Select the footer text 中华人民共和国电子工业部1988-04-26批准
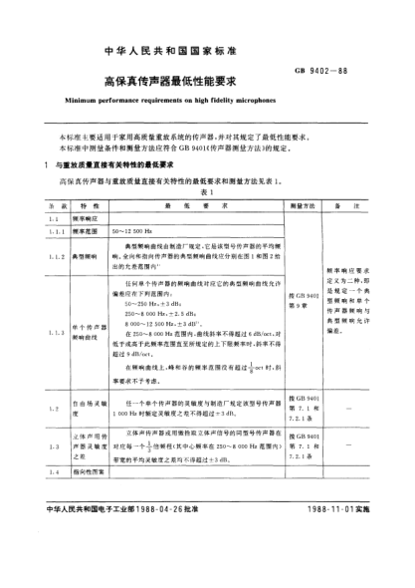pyautogui.click(x=121, y=567)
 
